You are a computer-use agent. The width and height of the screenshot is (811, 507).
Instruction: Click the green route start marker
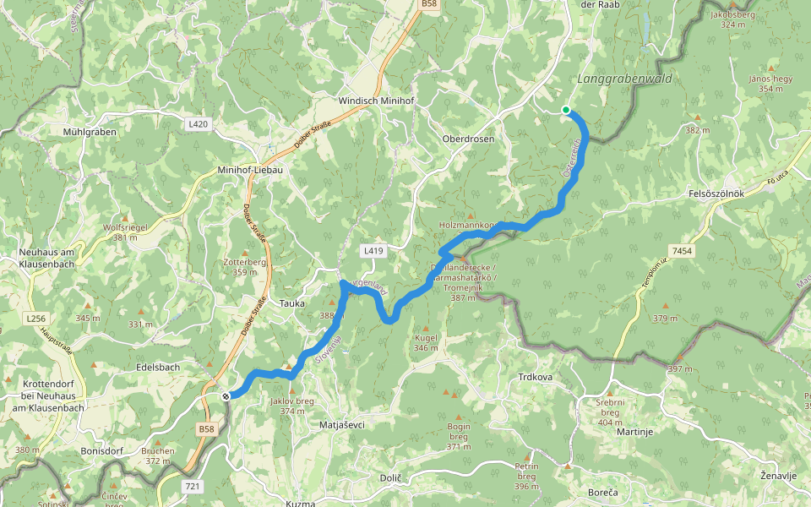pyautogui.click(x=566, y=110)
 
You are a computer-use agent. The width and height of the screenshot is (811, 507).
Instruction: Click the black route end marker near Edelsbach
pyautogui.click(x=226, y=395)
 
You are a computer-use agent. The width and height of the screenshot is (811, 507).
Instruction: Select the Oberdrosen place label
pyautogui.click(x=467, y=139)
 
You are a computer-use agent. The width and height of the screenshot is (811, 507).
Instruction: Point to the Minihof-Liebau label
pyautogui.click(x=249, y=169)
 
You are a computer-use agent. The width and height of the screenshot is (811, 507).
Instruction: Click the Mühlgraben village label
pyautogui.click(x=89, y=132)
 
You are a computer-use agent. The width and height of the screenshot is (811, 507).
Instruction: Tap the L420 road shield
pyautogui.click(x=198, y=124)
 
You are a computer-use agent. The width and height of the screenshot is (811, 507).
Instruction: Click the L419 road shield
pyautogui.click(x=373, y=251)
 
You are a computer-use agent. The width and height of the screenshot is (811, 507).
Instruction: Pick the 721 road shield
pyautogui.click(x=193, y=486)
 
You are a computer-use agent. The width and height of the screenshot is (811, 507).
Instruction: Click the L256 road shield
pyautogui.click(x=35, y=318)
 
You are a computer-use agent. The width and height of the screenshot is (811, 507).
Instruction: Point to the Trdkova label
pyautogui.click(x=534, y=377)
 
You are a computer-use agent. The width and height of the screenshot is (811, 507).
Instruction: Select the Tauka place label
pyautogui.click(x=291, y=303)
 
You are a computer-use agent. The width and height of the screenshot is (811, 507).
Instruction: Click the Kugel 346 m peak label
pyautogui.click(x=426, y=342)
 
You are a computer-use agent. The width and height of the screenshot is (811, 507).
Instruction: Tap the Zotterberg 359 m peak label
pyautogui.click(x=245, y=266)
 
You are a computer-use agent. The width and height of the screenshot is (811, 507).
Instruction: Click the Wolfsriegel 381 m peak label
pyautogui.click(x=125, y=232)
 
